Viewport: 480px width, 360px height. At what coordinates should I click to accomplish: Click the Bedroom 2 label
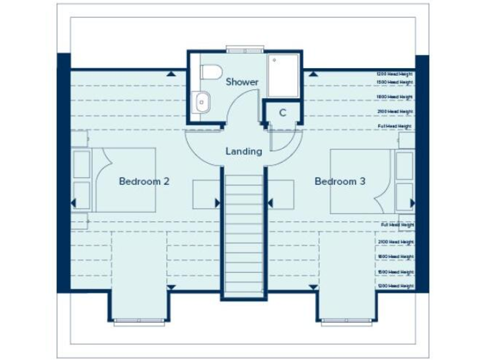click(144, 182)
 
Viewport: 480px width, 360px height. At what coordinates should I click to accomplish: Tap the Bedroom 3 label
click(340, 182)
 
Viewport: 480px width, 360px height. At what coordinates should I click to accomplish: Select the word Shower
click(242, 82)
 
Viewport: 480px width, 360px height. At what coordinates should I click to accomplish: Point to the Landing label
click(244, 151)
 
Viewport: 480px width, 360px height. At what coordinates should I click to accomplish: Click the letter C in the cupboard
click(282, 113)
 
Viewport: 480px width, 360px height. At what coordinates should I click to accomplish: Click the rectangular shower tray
click(283, 76)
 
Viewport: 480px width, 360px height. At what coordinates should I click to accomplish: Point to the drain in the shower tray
click(274, 60)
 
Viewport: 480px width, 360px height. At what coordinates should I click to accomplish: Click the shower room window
click(244, 49)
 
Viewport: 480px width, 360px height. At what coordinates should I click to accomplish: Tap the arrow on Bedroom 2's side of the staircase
click(217, 202)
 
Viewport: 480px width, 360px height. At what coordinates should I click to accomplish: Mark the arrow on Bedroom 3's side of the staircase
click(271, 202)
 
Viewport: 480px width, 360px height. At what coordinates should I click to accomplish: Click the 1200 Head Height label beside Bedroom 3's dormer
click(396, 286)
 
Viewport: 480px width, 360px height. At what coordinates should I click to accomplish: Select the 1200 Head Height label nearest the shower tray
click(394, 74)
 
